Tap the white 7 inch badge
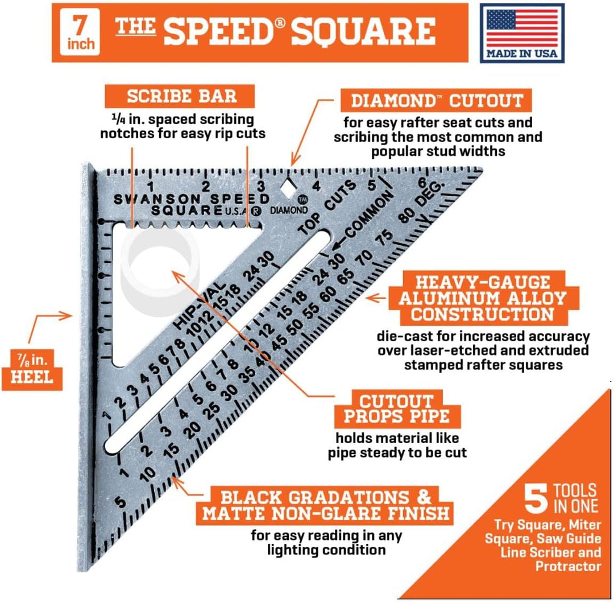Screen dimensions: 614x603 [x=80, y=32]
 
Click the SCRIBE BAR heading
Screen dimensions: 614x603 [x=182, y=96]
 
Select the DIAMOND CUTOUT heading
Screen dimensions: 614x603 [x=437, y=101]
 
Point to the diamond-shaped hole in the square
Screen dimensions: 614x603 [x=289, y=188]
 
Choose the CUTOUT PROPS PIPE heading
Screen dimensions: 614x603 [x=397, y=408]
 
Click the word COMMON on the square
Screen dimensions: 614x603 [x=368, y=216]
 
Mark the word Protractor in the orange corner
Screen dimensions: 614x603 [x=568, y=566]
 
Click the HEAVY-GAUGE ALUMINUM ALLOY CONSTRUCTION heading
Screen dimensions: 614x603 [x=483, y=299]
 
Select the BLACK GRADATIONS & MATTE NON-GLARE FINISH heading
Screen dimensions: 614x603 [x=326, y=505]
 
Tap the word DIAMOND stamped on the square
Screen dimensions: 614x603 [x=289, y=210]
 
